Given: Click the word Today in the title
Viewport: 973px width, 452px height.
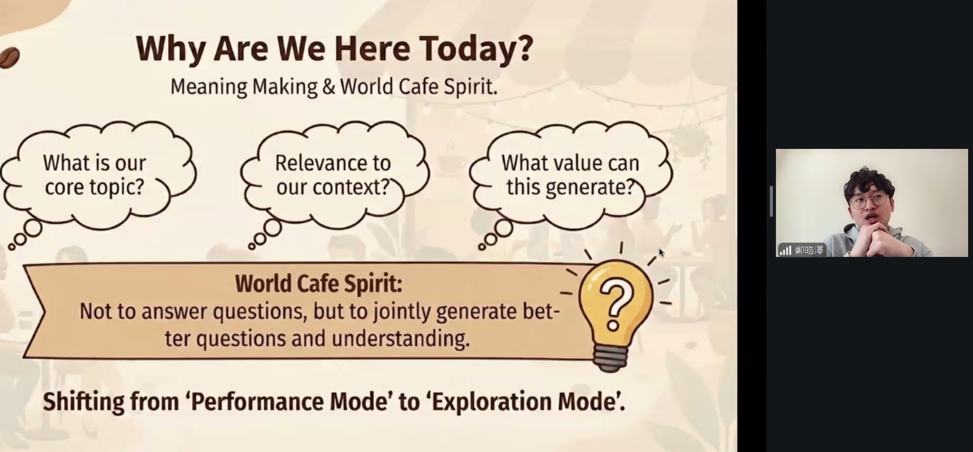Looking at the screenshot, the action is click(477, 48).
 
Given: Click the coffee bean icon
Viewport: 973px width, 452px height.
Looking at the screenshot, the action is click(9, 57).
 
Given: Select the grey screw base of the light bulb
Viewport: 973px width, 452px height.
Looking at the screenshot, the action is click(611, 361).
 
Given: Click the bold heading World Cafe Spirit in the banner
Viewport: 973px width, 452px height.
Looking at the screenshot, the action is click(319, 284).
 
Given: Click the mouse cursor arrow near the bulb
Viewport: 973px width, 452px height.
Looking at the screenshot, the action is click(661, 253).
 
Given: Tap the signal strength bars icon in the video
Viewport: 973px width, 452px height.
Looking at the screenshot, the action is click(785, 250).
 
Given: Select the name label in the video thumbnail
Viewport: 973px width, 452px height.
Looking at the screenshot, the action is click(809, 250).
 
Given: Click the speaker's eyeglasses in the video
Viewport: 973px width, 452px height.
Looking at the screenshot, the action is click(868, 200).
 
